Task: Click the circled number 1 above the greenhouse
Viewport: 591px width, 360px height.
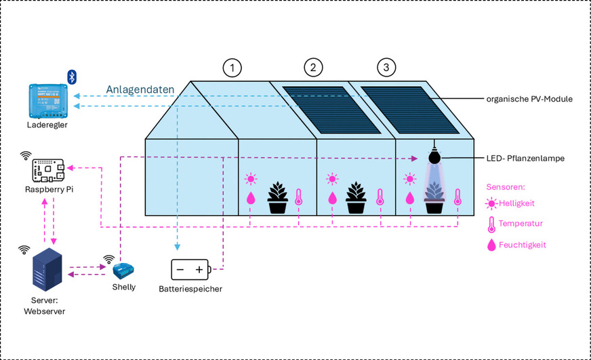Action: pos(232,68)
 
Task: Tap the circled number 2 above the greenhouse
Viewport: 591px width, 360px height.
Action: pos(312,68)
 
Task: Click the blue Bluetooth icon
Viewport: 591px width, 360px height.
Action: pos(70,75)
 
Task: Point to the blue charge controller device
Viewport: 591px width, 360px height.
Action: pos(49,99)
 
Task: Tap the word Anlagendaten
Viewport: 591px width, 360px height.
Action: pos(140,89)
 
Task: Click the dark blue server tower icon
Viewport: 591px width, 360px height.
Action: pos(47,267)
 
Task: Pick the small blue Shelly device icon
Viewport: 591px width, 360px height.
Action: pos(123,270)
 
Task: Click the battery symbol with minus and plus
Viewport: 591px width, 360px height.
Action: pos(190,270)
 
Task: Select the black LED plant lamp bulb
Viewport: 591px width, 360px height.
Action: pos(433,155)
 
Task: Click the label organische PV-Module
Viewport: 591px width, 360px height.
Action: pos(530,99)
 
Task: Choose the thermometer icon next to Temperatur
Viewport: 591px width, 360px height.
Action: pos(491,223)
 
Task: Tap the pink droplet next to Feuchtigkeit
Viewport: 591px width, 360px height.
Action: pos(491,245)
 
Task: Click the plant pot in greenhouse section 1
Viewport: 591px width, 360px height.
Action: pos(278,198)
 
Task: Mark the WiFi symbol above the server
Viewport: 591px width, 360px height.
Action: pos(24,250)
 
